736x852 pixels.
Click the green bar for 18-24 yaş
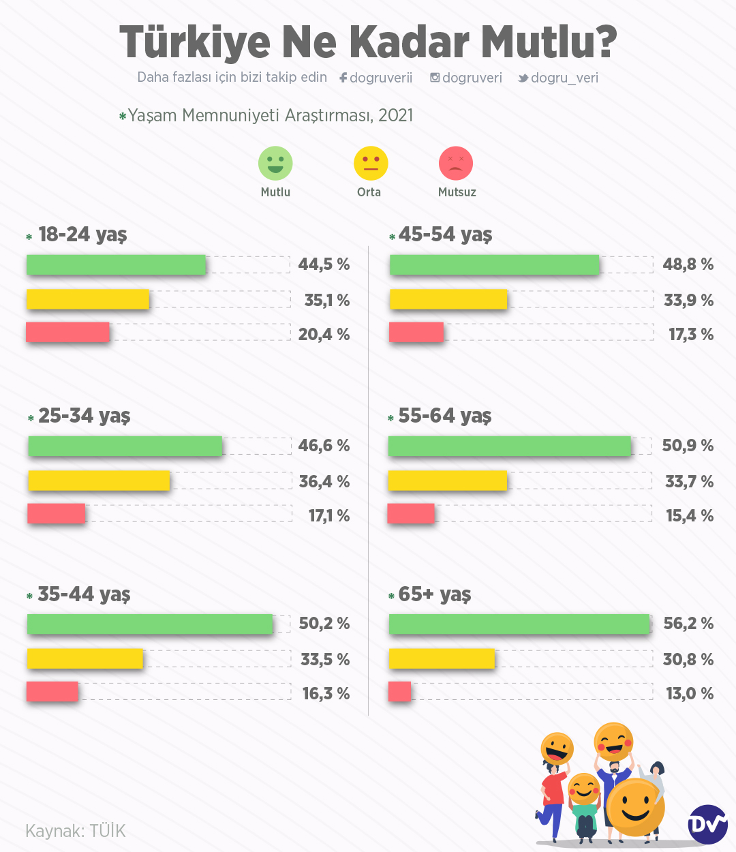(x=116, y=264)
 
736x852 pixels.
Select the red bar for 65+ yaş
(x=400, y=692)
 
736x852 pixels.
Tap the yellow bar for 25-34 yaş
(x=99, y=481)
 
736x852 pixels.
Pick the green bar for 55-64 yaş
(x=509, y=446)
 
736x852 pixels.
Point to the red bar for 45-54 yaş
(x=416, y=333)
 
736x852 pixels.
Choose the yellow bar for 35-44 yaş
(x=85, y=658)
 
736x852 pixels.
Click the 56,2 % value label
(x=688, y=624)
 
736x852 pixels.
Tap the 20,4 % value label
(x=324, y=335)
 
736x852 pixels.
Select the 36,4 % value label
(x=324, y=482)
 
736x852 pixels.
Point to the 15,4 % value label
(x=690, y=516)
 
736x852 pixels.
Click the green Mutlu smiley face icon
(x=275, y=164)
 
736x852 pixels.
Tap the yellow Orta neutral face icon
(x=371, y=164)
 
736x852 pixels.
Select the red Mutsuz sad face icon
(x=456, y=164)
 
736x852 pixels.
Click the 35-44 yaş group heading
(x=84, y=594)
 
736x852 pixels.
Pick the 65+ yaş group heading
(x=434, y=594)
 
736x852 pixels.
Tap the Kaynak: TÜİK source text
(x=76, y=831)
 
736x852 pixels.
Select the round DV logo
(x=707, y=825)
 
